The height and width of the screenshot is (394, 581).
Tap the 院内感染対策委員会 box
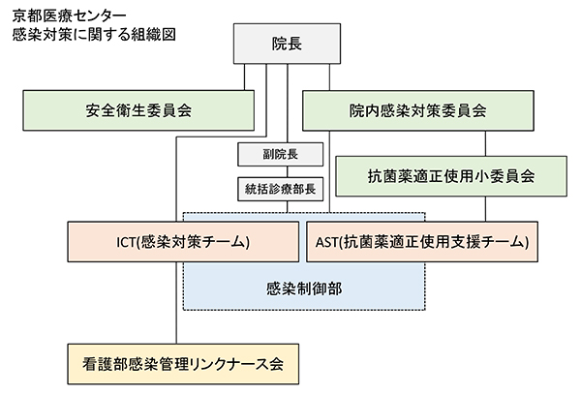tap(418, 110)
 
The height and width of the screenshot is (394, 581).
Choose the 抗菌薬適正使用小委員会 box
tap(451, 176)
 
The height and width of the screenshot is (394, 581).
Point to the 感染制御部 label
tap(304, 288)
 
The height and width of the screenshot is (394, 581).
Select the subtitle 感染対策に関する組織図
tap(93, 34)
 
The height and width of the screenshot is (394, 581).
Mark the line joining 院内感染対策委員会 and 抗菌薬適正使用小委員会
tap(387, 142)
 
